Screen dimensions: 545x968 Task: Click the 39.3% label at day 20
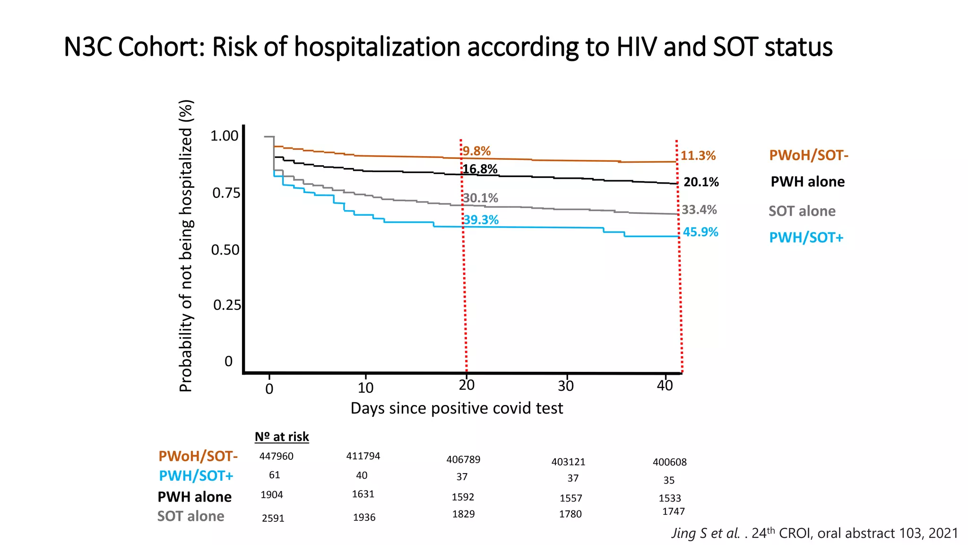click(x=481, y=220)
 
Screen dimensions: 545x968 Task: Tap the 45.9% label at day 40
click(x=700, y=232)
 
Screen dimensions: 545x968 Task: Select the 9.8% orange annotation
click(x=476, y=151)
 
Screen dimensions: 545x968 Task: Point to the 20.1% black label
click(x=701, y=182)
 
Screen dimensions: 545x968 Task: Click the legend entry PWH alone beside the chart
click(x=807, y=182)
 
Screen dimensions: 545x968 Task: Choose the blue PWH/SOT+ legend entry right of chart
click(x=806, y=237)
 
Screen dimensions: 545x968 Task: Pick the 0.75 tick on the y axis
click(x=226, y=193)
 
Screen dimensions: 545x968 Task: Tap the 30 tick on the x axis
click(x=565, y=386)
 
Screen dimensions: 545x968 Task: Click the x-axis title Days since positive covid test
click(x=457, y=408)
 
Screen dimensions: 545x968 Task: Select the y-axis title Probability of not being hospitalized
click(x=186, y=246)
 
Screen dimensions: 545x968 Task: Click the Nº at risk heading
click(x=282, y=437)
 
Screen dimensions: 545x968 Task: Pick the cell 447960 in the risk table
click(x=276, y=457)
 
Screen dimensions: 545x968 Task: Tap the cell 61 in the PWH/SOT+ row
click(x=274, y=475)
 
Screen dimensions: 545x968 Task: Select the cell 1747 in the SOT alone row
click(x=673, y=511)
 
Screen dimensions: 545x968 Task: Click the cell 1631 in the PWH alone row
click(x=363, y=494)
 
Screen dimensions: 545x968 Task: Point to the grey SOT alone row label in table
click(x=190, y=516)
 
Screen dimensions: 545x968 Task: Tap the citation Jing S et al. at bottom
click(x=705, y=533)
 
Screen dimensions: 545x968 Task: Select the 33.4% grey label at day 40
click(x=699, y=210)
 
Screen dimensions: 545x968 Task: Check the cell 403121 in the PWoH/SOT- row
click(x=568, y=462)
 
